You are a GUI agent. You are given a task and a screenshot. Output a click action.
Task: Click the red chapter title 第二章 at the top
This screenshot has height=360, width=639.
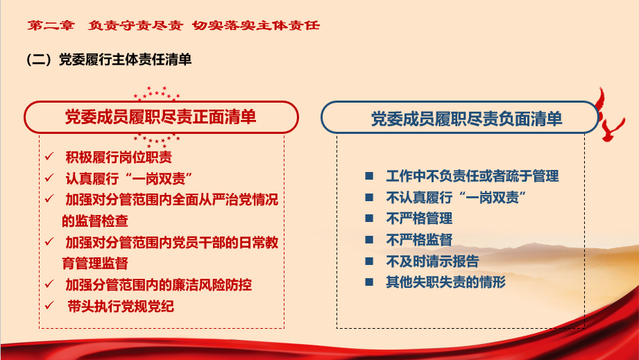click(51, 25)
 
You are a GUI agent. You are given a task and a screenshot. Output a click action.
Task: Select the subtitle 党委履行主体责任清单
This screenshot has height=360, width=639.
click(125, 60)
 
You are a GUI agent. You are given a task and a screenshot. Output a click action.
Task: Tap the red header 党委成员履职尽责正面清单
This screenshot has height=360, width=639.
click(160, 117)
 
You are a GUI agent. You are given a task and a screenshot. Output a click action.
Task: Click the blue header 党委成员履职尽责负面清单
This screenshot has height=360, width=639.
click(467, 119)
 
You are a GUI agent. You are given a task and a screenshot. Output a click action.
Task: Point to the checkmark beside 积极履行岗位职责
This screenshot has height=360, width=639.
click(49, 156)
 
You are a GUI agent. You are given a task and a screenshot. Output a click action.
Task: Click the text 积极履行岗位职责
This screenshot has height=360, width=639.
click(119, 157)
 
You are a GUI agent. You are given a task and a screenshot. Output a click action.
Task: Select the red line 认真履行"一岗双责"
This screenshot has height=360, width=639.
click(129, 178)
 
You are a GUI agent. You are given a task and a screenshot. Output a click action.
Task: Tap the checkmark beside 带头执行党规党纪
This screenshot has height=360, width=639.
click(49, 305)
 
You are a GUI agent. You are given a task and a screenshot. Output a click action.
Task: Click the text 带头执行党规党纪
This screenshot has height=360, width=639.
click(121, 307)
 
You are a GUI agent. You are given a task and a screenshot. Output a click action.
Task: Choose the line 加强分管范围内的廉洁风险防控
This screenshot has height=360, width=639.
click(158, 284)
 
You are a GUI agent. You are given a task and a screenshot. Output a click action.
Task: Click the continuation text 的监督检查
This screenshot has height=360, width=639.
click(95, 221)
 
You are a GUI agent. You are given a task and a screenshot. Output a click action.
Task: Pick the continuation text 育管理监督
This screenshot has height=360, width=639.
click(95, 263)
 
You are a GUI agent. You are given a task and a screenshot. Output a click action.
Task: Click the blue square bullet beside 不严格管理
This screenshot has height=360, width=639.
click(369, 218)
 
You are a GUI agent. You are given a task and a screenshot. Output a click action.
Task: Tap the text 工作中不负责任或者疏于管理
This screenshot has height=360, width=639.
click(472, 176)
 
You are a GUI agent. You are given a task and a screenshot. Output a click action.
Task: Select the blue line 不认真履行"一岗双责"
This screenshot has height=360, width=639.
click(457, 198)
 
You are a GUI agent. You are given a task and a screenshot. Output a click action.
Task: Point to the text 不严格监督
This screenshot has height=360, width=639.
click(419, 239)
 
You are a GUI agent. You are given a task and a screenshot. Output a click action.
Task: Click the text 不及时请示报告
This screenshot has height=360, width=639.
click(432, 261)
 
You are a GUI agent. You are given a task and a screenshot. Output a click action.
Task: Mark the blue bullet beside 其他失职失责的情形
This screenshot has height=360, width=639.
click(369, 282)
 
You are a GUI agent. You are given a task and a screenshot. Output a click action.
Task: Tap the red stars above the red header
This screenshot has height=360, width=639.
click(157, 93)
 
